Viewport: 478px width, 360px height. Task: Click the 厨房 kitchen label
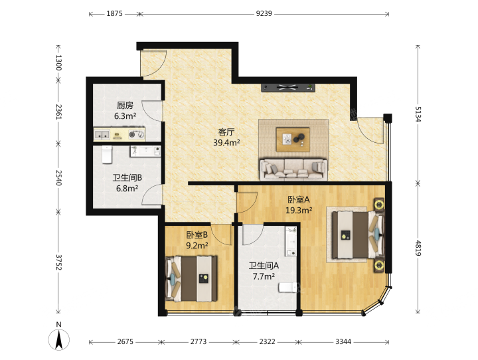[125, 106]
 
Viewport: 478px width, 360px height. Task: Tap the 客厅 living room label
[226, 132]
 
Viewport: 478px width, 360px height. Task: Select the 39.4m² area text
[226, 143]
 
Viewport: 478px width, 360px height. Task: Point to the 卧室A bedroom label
[299, 199]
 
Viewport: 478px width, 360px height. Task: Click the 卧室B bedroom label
[197, 235]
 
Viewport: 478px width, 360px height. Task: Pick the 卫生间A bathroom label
[264, 266]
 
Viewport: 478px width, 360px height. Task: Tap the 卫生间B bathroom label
[127, 178]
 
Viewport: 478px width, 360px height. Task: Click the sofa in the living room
[293, 169]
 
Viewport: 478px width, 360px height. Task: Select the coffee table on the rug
[293, 139]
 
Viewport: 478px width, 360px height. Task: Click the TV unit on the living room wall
[287, 88]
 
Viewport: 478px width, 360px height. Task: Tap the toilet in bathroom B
[107, 154]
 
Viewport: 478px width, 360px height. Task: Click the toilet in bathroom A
[287, 288]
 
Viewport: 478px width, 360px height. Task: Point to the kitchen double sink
[102, 135]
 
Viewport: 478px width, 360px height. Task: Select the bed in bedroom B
[191, 279]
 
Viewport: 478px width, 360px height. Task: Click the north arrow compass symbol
[59, 338]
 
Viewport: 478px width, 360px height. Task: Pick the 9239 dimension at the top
[264, 13]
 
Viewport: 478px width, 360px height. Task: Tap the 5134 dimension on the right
[418, 114]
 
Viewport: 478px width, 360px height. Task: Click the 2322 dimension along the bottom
[267, 341]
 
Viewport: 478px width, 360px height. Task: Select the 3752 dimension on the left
[58, 262]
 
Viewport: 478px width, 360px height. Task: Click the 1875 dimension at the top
[114, 13]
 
